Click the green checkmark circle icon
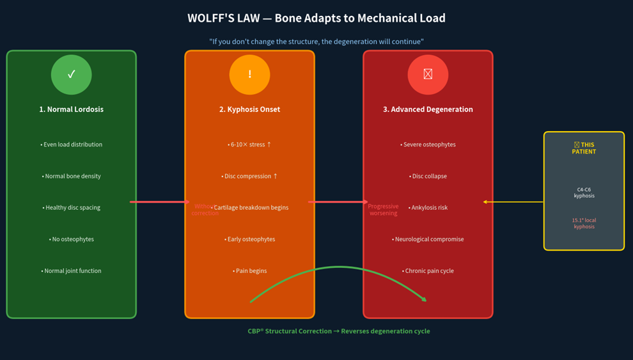click(x=72, y=74)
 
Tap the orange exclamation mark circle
click(x=249, y=74)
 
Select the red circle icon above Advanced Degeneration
click(x=428, y=74)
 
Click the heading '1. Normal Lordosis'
click(x=72, y=109)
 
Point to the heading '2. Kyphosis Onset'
click(x=249, y=109)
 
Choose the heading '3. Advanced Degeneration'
click(x=428, y=109)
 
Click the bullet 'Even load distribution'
click(x=72, y=145)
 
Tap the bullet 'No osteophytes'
click(x=72, y=239)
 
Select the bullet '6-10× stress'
click(x=249, y=145)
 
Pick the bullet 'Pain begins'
click(x=249, y=270)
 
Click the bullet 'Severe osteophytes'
click(x=428, y=145)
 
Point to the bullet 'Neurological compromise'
click(x=428, y=239)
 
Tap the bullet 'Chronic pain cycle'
click(x=428, y=270)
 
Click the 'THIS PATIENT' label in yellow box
click(x=584, y=148)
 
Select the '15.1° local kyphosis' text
click(x=584, y=223)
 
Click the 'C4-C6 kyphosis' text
click(x=584, y=192)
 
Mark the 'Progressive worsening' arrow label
click(x=383, y=210)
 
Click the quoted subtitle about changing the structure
click(x=316, y=42)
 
